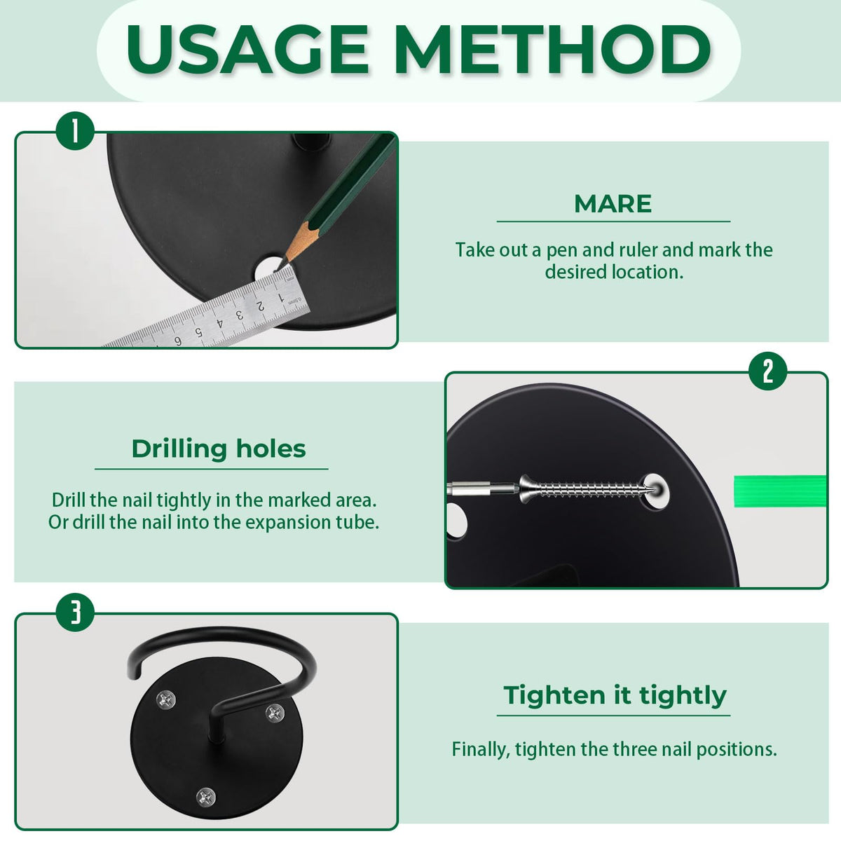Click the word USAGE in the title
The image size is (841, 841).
pyautogui.click(x=247, y=49)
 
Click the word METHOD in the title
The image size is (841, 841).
pyautogui.click(x=554, y=49)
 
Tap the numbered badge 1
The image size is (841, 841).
pyautogui.click(x=75, y=131)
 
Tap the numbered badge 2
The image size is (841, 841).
pyautogui.click(x=767, y=371)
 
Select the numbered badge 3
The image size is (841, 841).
pyautogui.click(x=75, y=613)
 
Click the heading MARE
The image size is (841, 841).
pyautogui.click(x=613, y=204)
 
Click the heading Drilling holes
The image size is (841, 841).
pyautogui.click(x=219, y=449)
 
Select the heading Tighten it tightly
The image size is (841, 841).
pyautogui.click(x=615, y=695)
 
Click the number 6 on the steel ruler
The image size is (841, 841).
pyautogui.click(x=178, y=341)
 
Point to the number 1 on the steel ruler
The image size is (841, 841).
pyautogui.click(x=280, y=298)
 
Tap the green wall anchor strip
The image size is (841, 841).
pyautogui.click(x=780, y=491)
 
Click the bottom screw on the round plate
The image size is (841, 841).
pyautogui.click(x=206, y=797)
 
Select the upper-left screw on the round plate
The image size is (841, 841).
pyautogui.click(x=166, y=700)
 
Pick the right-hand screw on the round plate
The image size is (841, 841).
pyautogui.click(x=275, y=713)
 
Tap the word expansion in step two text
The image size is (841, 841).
pyautogui.click(x=288, y=523)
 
